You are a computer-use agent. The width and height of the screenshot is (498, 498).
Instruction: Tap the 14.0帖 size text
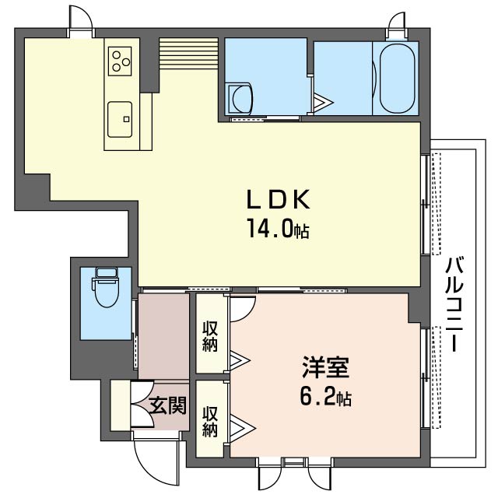pos(279,230)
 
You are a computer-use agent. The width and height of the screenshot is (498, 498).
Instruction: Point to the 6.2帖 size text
pos(325,398)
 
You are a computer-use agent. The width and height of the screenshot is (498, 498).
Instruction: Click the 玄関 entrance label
pos(167,405)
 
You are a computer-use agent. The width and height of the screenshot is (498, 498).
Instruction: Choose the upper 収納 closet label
pos(210,335)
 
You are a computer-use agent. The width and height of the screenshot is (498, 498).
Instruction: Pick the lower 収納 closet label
pos(210,420)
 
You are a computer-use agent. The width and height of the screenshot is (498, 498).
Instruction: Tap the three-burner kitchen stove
pos(121,60)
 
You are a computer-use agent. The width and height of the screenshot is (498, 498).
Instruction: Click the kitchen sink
pos(121,119)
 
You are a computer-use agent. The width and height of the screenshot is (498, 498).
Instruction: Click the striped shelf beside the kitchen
pos(186,54)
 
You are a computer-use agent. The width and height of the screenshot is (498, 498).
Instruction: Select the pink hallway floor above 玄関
pos(163,335)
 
